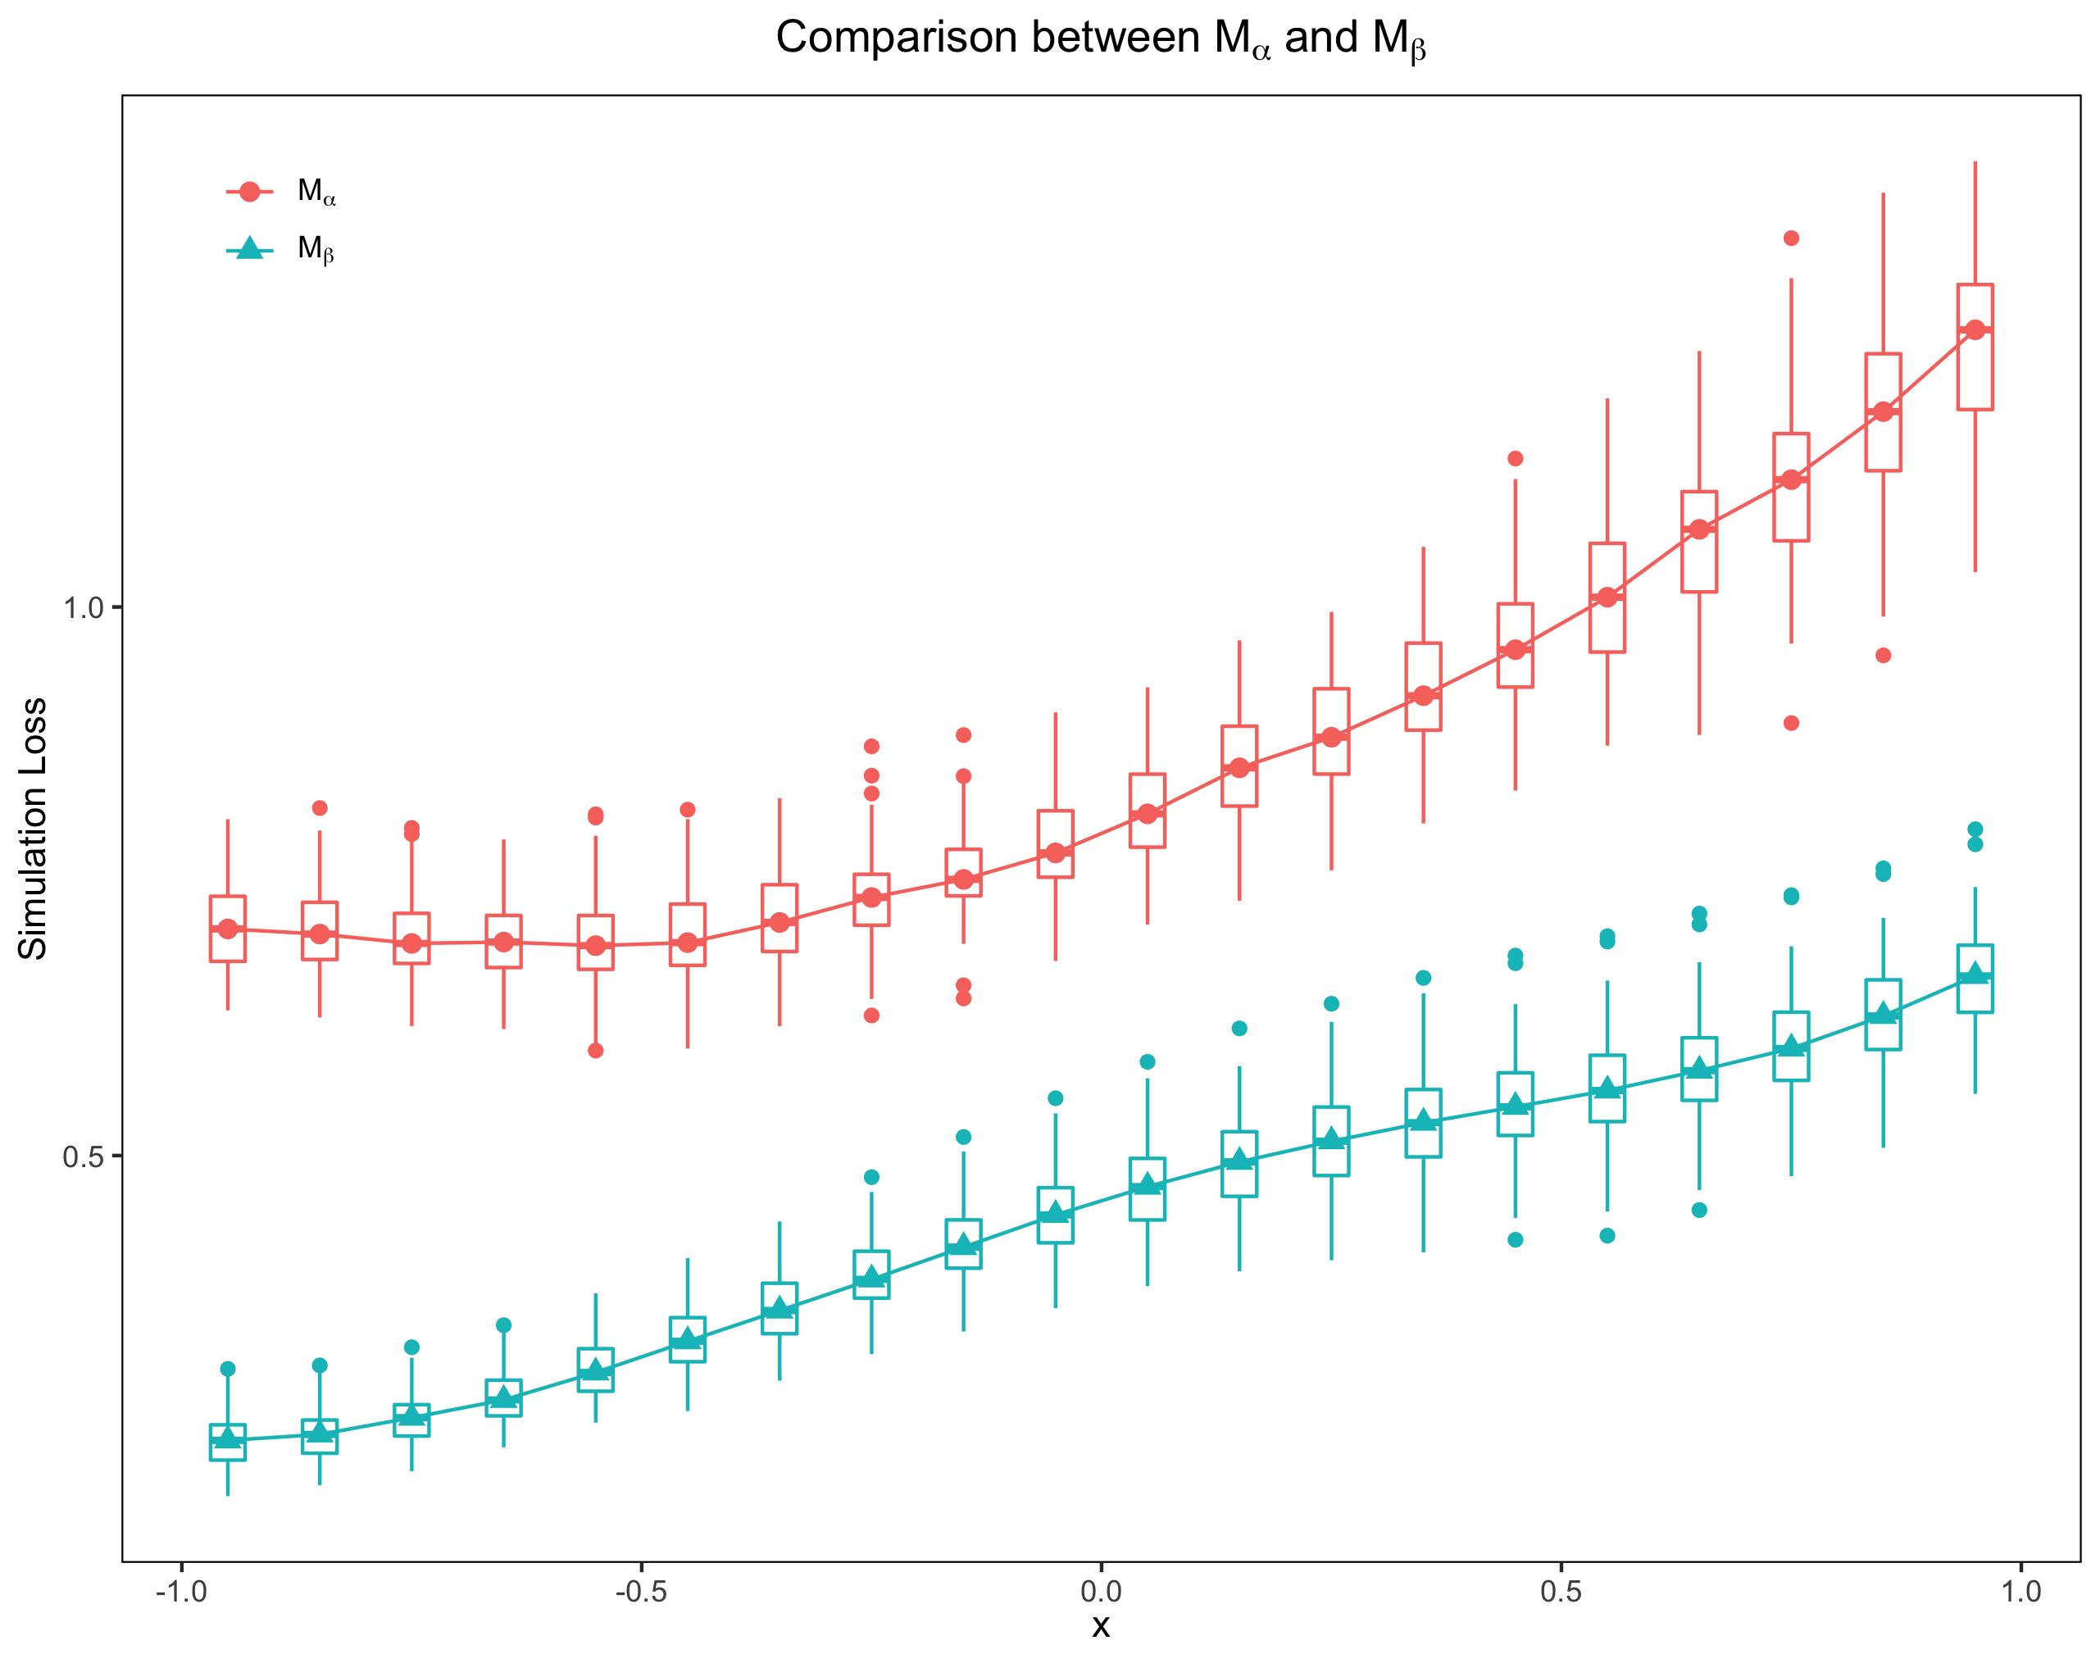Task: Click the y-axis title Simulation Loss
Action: pyautogui.click(x=34, y=828)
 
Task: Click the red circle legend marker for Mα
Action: pyautogui.click(x=249, y=192)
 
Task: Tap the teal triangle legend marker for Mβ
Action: pyautogui.click(x=249, y=249)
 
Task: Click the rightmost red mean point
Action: pyautogui.click(x=1975, y=330)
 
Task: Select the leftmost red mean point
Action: pyautogui.click(x=227, y=929)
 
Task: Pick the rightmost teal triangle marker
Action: pyautogui.click(x=1975, y=973)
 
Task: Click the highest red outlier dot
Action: pyautogui.click(x=1790, y=238)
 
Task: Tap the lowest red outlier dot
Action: pyautogui.click(x=596, y=1051)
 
